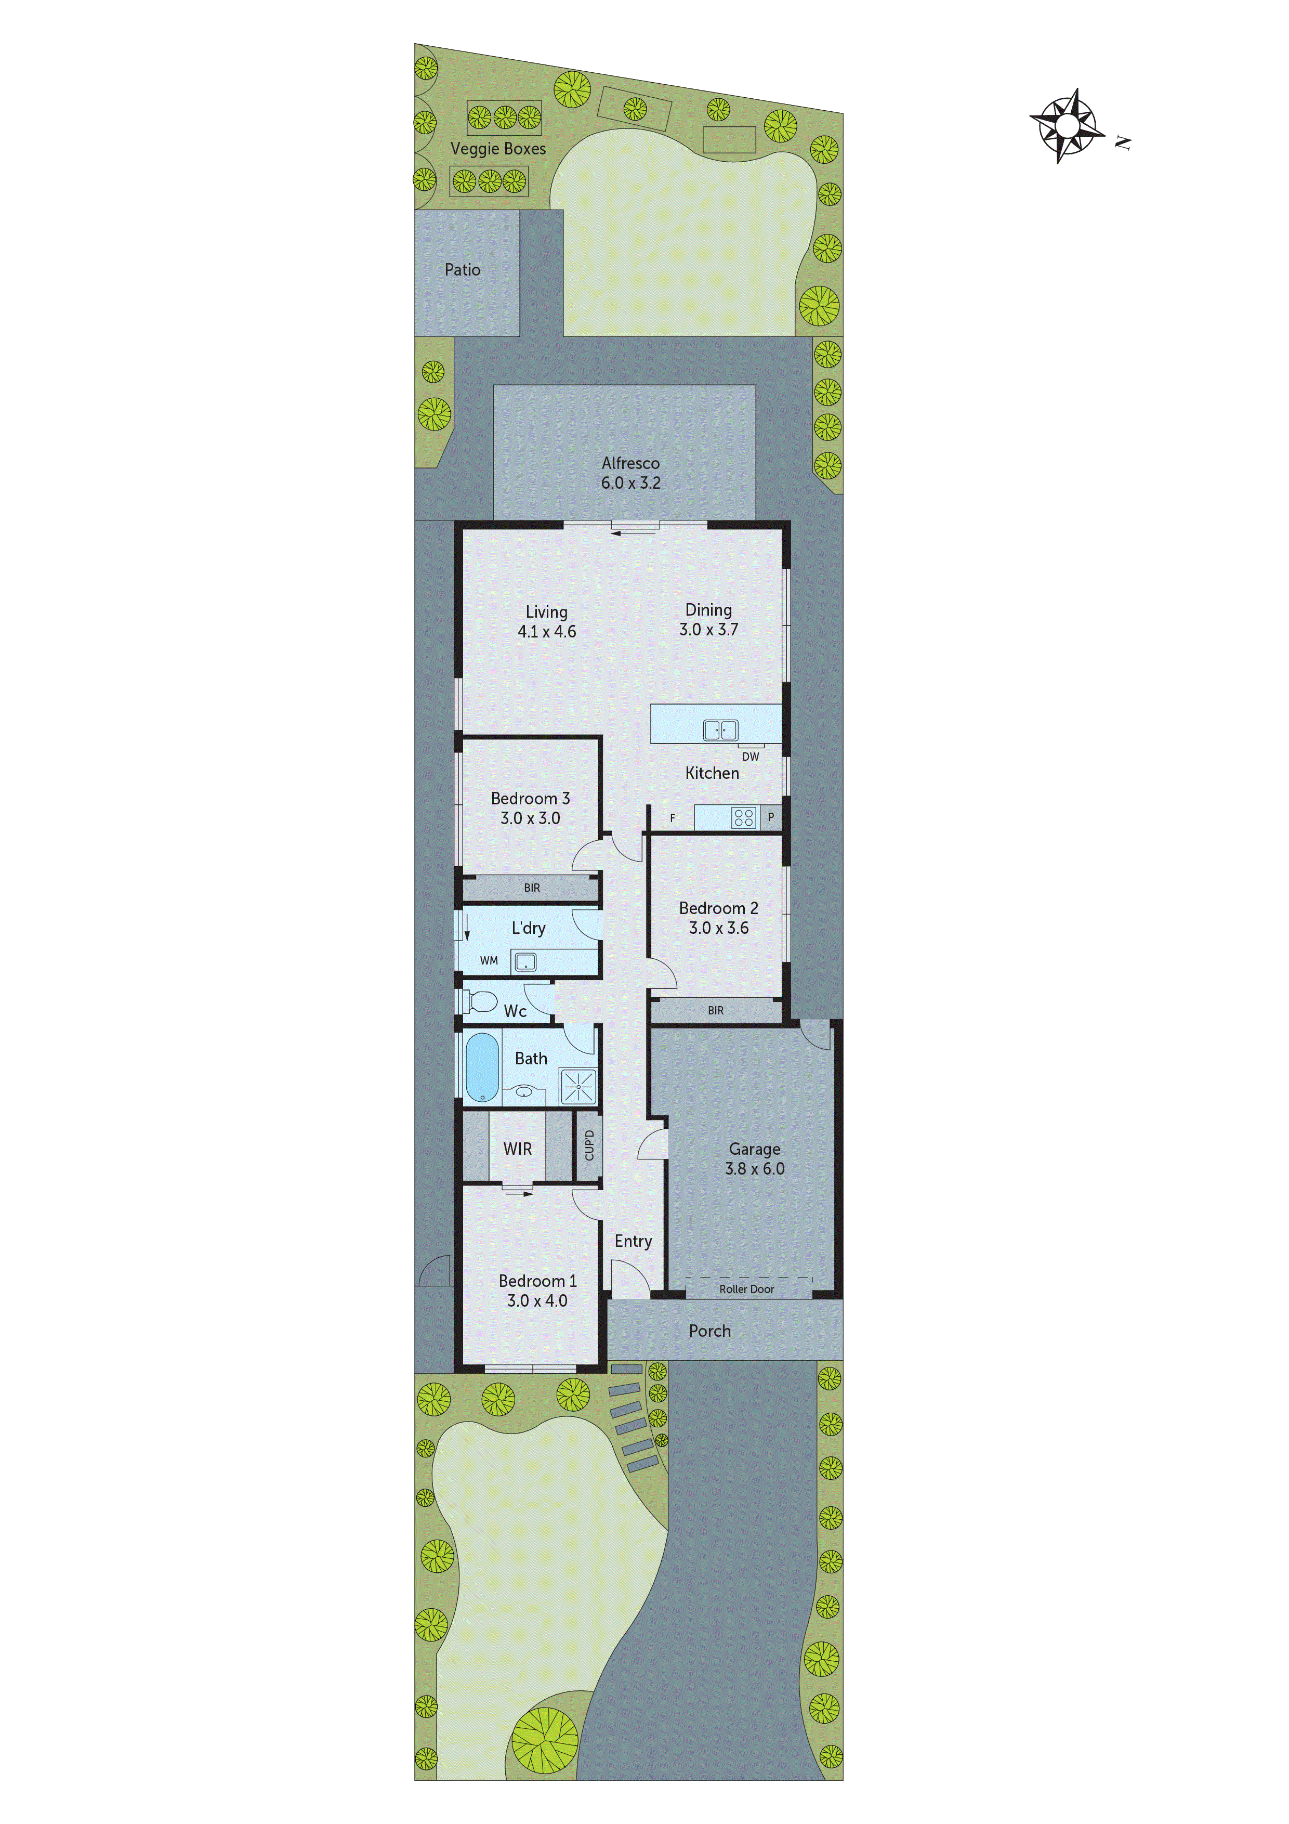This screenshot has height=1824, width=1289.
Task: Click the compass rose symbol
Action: pyautogui.click(x=1068, y=125)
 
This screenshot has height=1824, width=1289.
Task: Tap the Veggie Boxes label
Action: pyautogui.click(x=498, y=149)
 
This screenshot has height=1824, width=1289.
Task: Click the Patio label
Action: pyautogui.click(x=462, y=270)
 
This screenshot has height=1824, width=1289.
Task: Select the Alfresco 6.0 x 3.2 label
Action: pyautogui.click(x=630, y=473)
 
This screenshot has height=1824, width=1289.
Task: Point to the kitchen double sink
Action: pyautogui.click(x=720, y=729)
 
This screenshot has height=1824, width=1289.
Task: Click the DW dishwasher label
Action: pyautogui.click(x=751, y=757)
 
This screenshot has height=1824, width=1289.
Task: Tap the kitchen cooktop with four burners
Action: pyautogui.click(x=743, y=817)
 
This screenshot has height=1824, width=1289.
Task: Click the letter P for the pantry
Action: pyautogui.click(x=770, y=817)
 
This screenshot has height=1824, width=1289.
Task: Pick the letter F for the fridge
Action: pyautogui.click(x=673, y=818)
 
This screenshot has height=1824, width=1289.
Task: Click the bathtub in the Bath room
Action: pyautogui.click(x=482, y=1067)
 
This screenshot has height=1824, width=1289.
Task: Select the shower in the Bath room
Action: pyautogui.click(x=578, y=1086)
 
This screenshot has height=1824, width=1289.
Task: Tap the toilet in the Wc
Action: pyautogui.click(x=479, y=1001)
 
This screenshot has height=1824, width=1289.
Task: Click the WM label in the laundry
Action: pyautogui.click(x=489, y=960)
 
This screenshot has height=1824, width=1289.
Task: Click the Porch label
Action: pyautogui.click(x=710, y=1331)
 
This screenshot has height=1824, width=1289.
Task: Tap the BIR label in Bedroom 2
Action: pyautogui.click(x=716, y=1010)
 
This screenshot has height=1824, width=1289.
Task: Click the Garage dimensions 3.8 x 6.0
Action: pyautogui.click(x=755, y=1169)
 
